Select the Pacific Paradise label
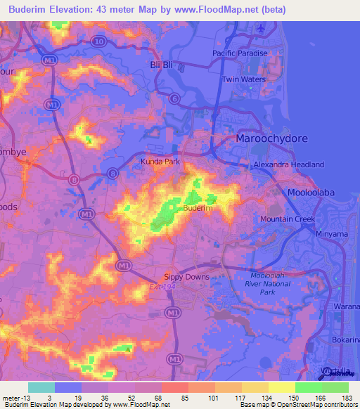[240, 53]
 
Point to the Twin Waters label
[243, 79]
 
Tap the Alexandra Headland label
[288, 164]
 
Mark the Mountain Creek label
[287, 220]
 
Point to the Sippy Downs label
[186, 277]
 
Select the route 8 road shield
[112, 173]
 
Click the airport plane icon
[263, 29]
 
